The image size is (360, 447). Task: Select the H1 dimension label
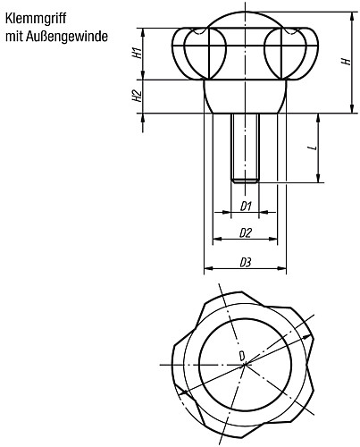pyautogui.click(x=138, y=52)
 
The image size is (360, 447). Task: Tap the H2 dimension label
pyautogui.click(x=138, y=96)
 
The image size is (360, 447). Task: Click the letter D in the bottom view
pyautogui.click(x=240, y=357)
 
